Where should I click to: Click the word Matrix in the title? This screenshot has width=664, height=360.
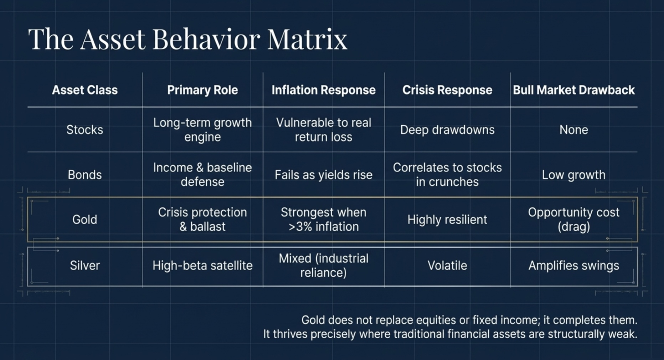click(307, 39)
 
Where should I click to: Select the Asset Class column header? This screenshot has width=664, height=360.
click(85, 90)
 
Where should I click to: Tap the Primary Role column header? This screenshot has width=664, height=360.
click(202, 90)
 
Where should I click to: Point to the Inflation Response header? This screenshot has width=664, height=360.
click(323, 90)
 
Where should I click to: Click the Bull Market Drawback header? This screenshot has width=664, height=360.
click(573, 90)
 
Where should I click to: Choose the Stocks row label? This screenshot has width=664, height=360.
click(85, 130)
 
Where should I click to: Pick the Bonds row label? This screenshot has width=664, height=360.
click(85, 175)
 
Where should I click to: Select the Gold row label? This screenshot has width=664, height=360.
click(85, 220)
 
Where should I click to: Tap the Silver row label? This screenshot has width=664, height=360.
click(85, 266)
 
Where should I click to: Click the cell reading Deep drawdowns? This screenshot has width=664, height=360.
click(447, 130)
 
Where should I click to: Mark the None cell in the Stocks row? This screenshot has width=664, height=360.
click(573, 130)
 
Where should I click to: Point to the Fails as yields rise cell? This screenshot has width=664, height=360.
click(323, 175)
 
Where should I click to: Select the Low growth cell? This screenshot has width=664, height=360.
click(573, 175)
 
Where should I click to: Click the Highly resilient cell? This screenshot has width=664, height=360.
click(447, 220)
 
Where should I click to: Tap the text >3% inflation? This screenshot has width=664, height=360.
click(323, 227)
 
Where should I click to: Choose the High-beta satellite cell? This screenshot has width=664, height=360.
click(202, 266)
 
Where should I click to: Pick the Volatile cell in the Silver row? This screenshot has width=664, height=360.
click(447, 266)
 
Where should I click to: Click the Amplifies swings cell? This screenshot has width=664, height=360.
click(573, 266)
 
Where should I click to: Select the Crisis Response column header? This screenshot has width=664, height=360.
click(447, 90)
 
